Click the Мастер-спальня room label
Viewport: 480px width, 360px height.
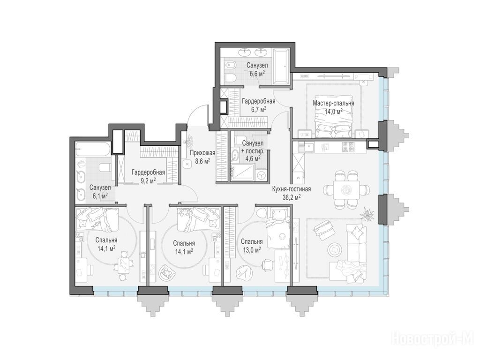[x=333, y=104]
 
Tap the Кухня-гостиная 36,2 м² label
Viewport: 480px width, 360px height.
[x=292, y=193]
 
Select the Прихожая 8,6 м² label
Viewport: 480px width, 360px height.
[x=202, y=157]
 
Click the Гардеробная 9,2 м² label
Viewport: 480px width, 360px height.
[x=149, y=176]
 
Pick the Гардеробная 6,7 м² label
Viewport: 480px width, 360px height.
[x=259, y=105]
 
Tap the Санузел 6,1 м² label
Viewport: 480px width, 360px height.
[x=100, y=192]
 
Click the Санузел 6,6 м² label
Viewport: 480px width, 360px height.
[x=257, y=69]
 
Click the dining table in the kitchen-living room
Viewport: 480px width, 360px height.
[x=346, y=189]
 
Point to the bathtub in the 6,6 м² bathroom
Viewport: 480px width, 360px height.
[x=281, y=66]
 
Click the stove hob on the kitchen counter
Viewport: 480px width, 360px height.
[x=349, y=148]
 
